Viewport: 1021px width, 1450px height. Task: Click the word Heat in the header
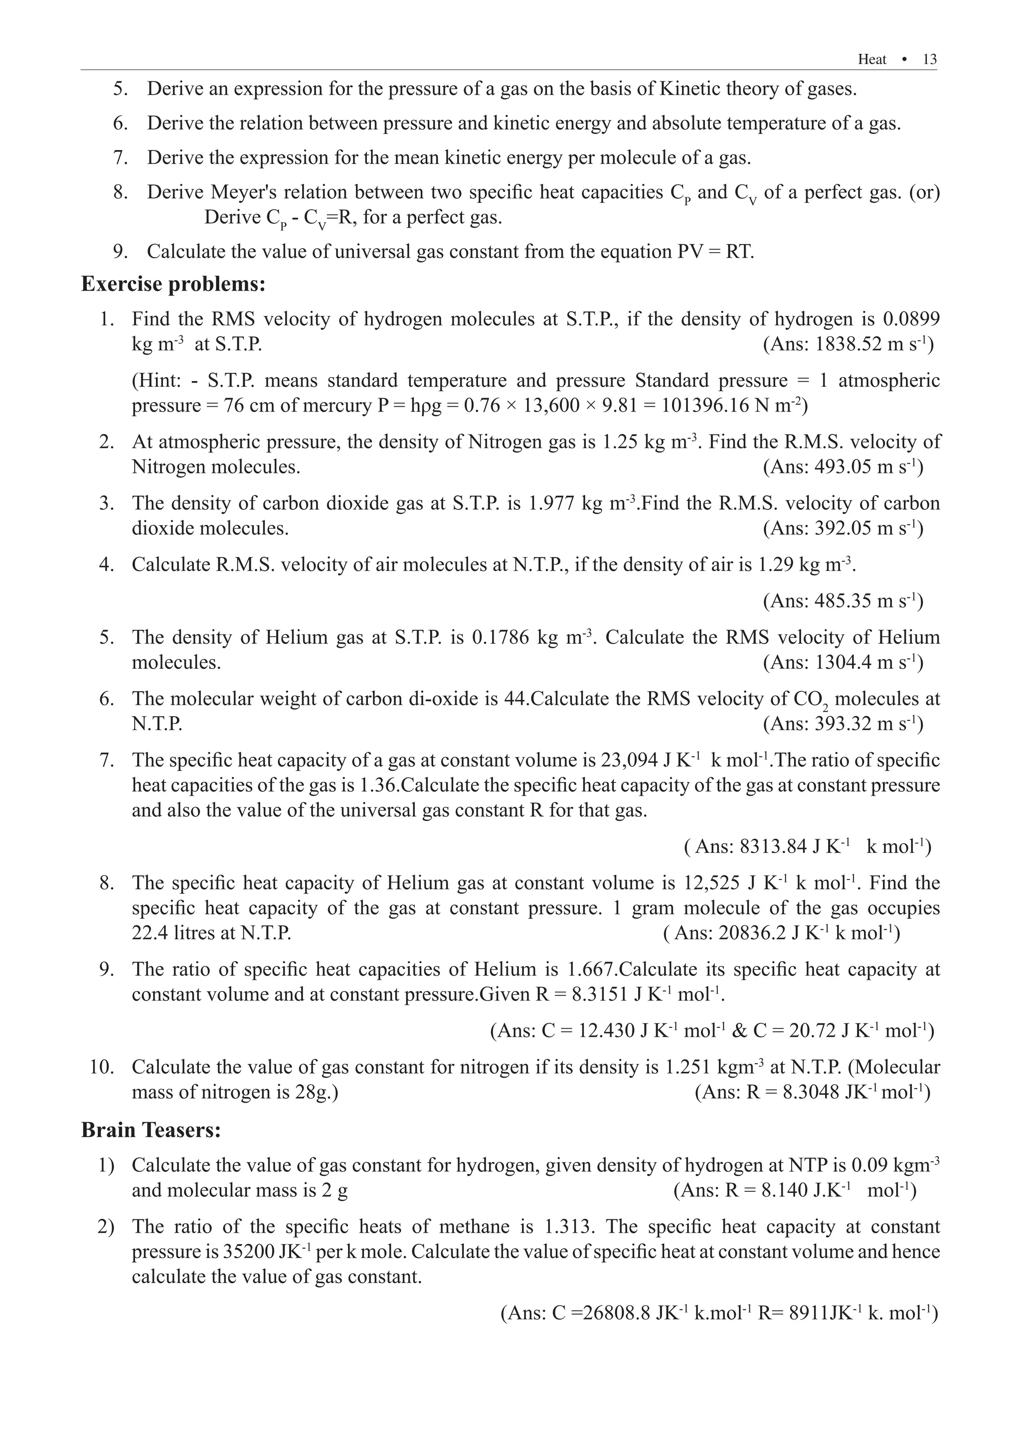872,59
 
